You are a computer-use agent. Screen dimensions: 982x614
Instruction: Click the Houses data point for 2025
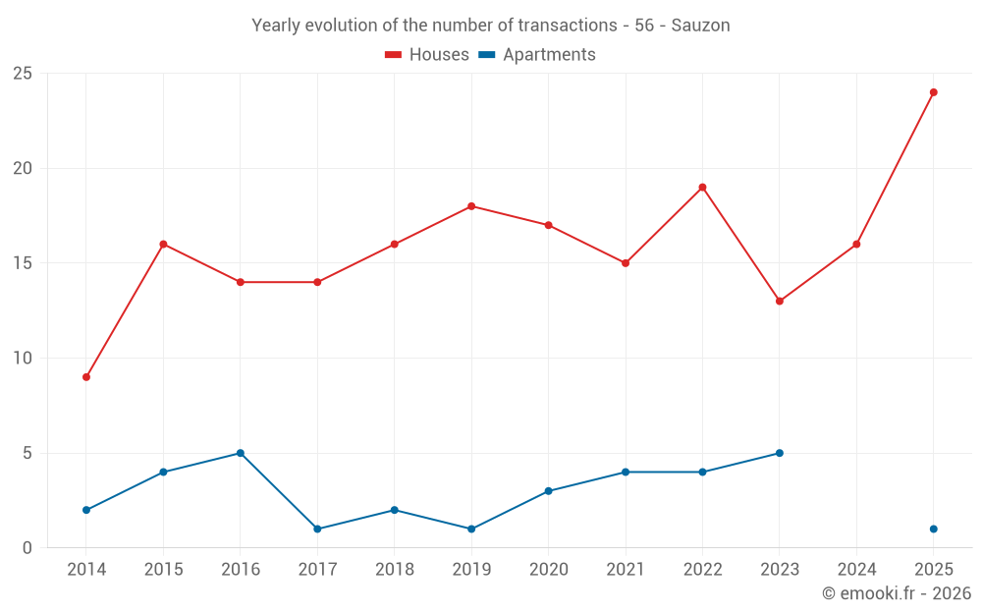click(x=933, y=92)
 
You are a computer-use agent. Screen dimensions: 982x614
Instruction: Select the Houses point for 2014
click(x=86, y=377)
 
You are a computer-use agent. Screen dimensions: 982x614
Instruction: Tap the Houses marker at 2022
click(x=703, y=188)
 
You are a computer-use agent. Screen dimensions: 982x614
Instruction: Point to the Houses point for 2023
click(x=780, y=302)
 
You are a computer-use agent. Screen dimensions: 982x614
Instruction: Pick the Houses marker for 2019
click(x=471, y=206)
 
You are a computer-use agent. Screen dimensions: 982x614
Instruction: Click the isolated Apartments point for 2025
click(x=933, y=529)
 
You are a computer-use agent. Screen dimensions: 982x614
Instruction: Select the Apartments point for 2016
click(x=241, y=453)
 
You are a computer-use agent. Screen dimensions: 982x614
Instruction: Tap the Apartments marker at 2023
click(x=780, y=453)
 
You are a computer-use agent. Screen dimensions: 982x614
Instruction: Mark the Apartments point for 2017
click(x=317, y=529)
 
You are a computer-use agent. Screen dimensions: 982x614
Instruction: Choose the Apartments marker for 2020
click(x=549, y=491)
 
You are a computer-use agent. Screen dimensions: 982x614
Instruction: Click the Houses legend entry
click(x=427, y=54)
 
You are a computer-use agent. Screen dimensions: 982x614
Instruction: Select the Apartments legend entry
click(x=537, y=54)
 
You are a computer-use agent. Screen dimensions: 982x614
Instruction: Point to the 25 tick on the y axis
click(x=23, y=74)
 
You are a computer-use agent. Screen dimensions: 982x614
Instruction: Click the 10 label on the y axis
click(x=23, y=358)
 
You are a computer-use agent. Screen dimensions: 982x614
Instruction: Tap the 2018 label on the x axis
click(x=395, y=569)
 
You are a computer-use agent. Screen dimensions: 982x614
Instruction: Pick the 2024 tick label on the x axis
click(x=856, y=569)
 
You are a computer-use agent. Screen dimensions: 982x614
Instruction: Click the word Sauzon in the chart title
click(x=700, y=26)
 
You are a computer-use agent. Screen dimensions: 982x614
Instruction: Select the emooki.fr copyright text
click(x=897, y=592)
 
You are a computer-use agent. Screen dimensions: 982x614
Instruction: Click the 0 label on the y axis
click(x=27, y=547)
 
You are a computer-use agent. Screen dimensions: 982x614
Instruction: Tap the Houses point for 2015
click(x=163, y=245)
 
